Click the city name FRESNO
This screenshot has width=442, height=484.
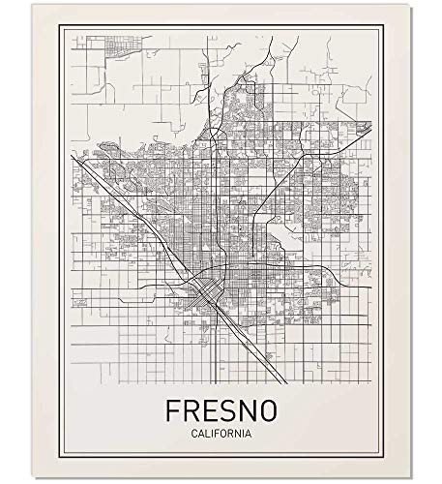point(221,409)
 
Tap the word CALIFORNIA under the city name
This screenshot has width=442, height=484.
point(221,433)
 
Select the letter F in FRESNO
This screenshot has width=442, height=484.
point(172,409)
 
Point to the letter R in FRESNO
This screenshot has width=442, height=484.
point(192,409)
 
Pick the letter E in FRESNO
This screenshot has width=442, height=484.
point(211,409)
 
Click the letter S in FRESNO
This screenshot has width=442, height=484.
point(230,409)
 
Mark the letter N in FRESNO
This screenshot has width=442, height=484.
point(250,409)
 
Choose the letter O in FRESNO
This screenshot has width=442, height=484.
point(271,409)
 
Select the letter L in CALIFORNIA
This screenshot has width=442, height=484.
point(207,433)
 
